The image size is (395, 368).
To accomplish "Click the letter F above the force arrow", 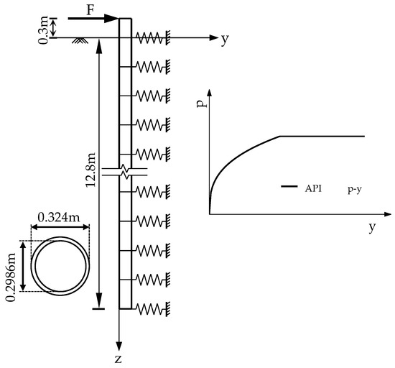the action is (x=90, y=10).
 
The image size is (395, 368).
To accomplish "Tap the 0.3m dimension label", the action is (x=43, y=30).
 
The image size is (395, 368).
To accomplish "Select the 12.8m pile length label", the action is (x=90, y=170).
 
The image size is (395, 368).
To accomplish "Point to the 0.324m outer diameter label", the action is (x=59, y=218).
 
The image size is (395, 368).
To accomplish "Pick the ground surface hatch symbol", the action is (x=80, y=40).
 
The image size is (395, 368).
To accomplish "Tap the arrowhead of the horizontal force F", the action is (x=111, y=19).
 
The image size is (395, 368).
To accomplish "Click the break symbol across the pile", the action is (x=124, y=172).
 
